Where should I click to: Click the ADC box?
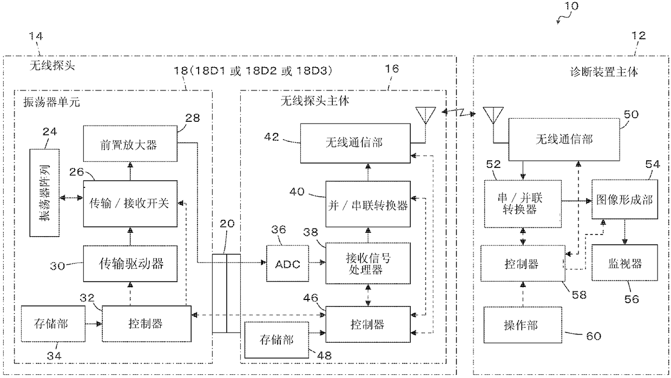[287, 264]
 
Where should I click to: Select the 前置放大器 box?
[130, 144]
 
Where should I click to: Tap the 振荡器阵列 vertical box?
[44, 193]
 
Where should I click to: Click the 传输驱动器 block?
[130, 264]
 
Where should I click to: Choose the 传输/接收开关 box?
[130, 204]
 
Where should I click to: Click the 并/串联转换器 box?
[368, 204]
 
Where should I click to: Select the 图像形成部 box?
[624, 199]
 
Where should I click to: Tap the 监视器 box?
[624, 263]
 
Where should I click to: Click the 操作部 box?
[523, 325]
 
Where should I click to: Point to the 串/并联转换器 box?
[523, 204]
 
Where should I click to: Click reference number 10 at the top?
[571, 6]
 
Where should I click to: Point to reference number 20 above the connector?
[227, 224]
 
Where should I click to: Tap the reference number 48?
[325, 355]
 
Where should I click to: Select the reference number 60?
[594, 336]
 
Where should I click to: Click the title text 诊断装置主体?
[603, 72]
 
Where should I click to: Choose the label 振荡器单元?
[51, 102]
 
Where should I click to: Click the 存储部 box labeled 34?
[53, 324]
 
